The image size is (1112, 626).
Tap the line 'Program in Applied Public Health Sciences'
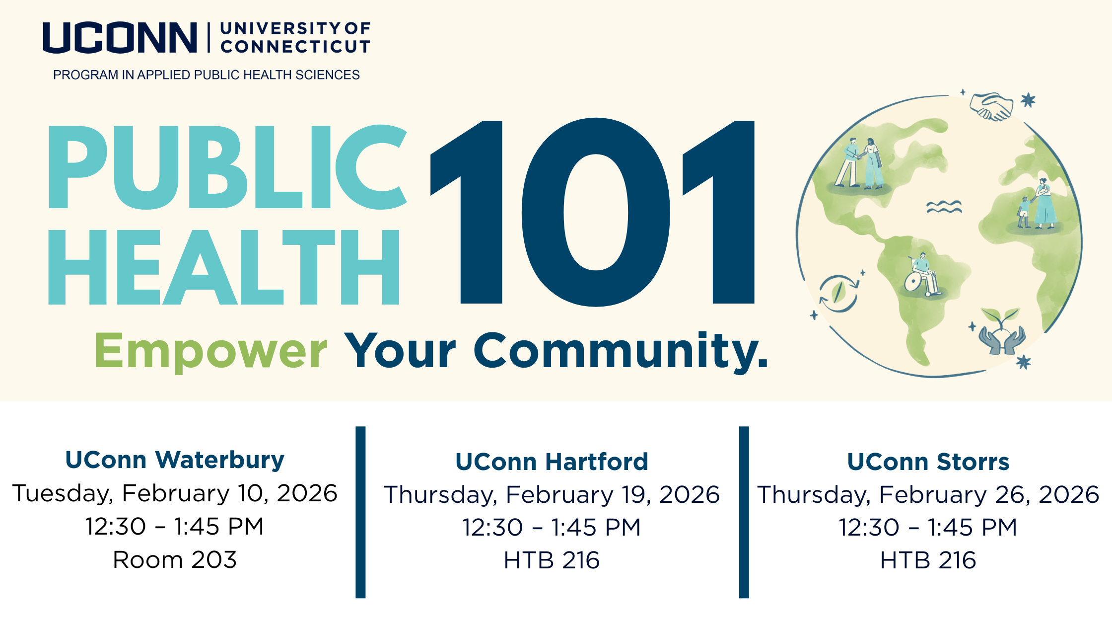tap(207, 75)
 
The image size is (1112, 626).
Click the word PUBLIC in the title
tap(227, 167)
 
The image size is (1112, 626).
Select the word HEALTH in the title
tap(223, 267)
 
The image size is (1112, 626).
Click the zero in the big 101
tap(596, 212)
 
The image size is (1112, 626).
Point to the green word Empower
tap(210, 352)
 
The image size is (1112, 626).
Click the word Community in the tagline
tap(621, 352)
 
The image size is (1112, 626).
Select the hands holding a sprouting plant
tap(1002, 331)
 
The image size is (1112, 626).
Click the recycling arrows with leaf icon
tap(838, 293)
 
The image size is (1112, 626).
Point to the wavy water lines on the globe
tap(944, 207)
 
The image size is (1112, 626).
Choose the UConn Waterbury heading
tap(175, 460)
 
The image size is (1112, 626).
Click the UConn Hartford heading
tap(552, 462)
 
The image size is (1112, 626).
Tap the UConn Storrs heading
tap(928, 462)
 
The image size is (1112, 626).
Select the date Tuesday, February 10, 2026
tap(175, 493)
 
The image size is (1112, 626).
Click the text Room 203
tap(175, 560)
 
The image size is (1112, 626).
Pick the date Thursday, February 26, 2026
tap(928, 495)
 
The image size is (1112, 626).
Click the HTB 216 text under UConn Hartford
tap(552, 560)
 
